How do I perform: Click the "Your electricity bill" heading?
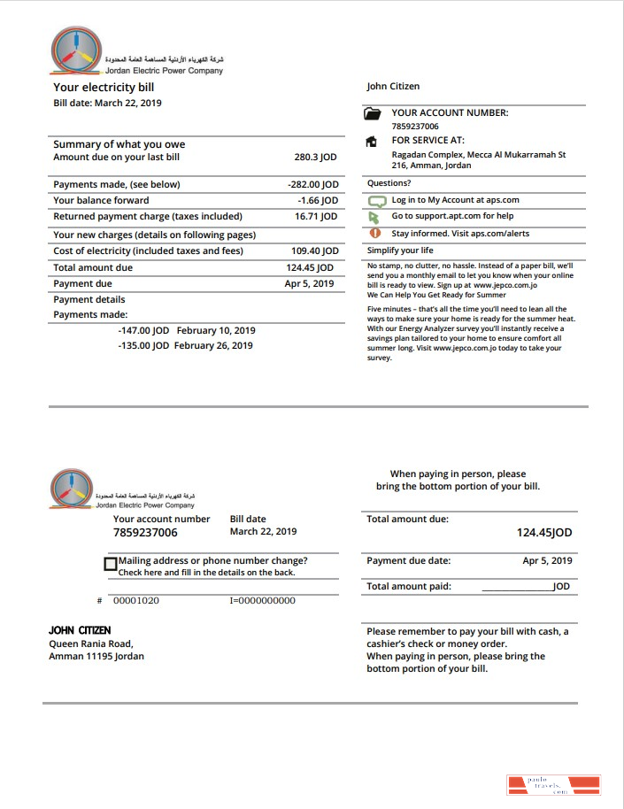click(x=104, y=88)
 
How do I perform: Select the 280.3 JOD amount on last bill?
click(x=315, y=157)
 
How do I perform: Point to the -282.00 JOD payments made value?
click(x=313, y=185)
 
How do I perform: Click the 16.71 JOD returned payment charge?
click(x=316, y=217)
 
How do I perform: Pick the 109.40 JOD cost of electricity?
click(x=315, y=251)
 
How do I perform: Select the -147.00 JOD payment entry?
click(x=143, y=330)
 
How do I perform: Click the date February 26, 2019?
click(x=213, y=346)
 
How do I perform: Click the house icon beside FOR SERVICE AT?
click(x=373, y=142)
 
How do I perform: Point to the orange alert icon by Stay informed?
click(x=374, y=234)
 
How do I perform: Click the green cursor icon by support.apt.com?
click(x=374, y=217)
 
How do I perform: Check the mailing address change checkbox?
click(x=111, y=564)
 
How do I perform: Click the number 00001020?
click(x=136, y=601)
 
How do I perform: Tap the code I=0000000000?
click(x=262, y=601)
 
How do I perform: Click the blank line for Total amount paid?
click(x=516, y=588)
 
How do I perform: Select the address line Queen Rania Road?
click(x=91, y=643)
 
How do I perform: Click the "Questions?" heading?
click(x=389, y=183)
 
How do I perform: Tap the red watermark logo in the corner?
click(x=553, y=785)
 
